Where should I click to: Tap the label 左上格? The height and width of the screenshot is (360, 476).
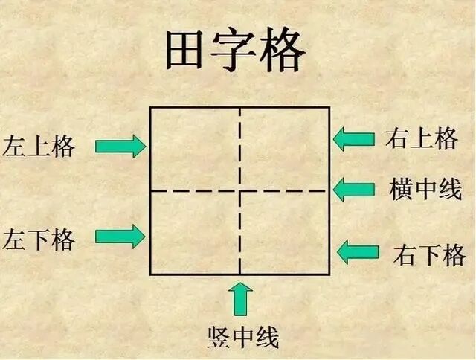pyautogui.click(x=39, y=147)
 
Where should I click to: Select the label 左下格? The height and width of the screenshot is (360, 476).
pyautogui.click(x=39, y=240)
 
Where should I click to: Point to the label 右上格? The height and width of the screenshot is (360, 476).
pyautogui.click(x=421, y=138)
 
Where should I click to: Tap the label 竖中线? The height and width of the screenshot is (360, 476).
pyautogui.click(x=242, y=338)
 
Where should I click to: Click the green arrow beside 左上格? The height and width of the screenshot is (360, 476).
pyautogui.click(x=120, y=146)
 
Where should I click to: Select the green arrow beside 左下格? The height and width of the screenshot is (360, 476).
pyautogui.click(x=120, y=236)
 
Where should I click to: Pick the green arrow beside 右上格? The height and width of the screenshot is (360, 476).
pyautogui.click(x=353, y=138)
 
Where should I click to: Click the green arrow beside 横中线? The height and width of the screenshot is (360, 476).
pyautogui.click(x=353, y=189)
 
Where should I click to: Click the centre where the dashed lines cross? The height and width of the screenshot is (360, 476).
pyautogui.click(x=239, y=190)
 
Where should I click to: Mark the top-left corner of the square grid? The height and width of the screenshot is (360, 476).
pyautogui.click(x=150, y=108)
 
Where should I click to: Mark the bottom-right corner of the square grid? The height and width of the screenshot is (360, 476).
pyautogui.click(x=329, y=274)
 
